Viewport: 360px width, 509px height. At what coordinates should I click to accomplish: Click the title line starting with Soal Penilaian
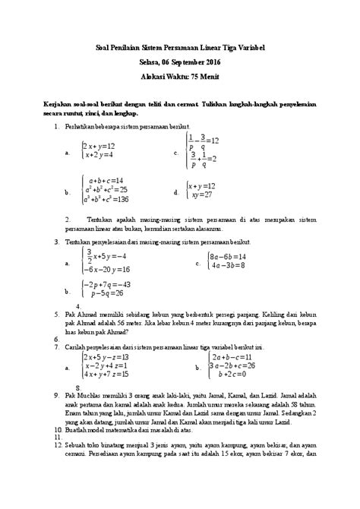[180, 48]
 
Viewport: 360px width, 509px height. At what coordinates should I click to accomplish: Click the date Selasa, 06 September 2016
[180, 62]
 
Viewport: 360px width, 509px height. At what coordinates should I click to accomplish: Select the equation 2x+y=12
[99, 145]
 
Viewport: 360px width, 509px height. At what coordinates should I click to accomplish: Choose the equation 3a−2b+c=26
[231, 365]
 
